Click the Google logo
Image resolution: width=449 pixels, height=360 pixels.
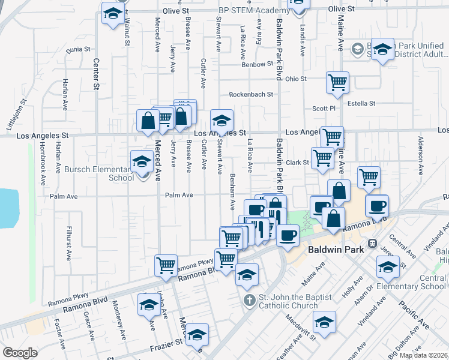[20, 353]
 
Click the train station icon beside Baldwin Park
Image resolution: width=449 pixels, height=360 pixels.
[372, 244]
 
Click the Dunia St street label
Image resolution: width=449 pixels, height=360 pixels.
[78, 49]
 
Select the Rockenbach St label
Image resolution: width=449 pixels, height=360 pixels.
[250, 94]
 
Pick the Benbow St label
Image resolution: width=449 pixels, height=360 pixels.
[258, 64]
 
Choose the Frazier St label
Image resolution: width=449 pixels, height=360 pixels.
[169, 343]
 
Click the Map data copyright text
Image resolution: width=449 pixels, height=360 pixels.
[424, 355]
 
